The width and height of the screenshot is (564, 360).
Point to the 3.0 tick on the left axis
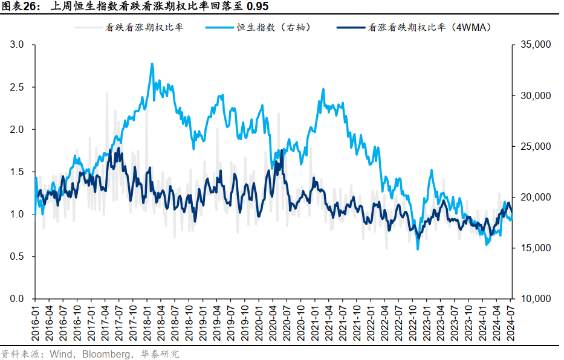click(18, 45)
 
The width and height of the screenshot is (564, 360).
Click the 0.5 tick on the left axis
click(18, 256)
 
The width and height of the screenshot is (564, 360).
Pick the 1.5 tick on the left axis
click(18, 172)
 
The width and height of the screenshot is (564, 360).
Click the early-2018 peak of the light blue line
click(152, 63)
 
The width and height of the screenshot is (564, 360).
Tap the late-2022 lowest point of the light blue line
click(417, 249)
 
